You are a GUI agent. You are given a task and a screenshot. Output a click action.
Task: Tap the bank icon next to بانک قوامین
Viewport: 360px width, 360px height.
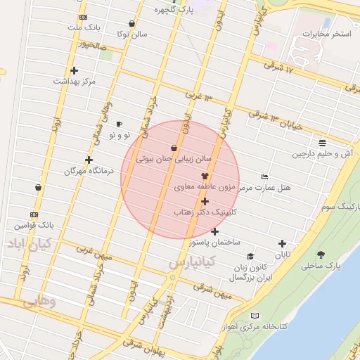34,214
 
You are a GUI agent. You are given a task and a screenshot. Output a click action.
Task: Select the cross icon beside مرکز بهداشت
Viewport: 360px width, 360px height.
74,70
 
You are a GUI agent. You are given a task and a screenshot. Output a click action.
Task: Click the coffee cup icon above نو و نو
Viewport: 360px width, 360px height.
118,124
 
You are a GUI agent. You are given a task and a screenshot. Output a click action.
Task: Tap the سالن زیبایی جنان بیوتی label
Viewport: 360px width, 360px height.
174,160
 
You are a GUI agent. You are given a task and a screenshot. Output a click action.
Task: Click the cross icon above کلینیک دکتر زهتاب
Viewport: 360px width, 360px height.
205,202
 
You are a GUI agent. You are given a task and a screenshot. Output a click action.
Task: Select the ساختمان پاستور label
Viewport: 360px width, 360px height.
214,242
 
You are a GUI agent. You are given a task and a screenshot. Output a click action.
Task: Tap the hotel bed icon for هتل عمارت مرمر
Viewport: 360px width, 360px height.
264,176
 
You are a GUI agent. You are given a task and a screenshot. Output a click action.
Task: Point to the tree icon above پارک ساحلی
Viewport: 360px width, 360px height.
321,255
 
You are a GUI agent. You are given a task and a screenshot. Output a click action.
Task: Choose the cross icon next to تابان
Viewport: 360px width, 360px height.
283,244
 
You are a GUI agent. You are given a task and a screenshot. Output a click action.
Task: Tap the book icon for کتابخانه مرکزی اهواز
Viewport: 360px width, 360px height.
255,316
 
